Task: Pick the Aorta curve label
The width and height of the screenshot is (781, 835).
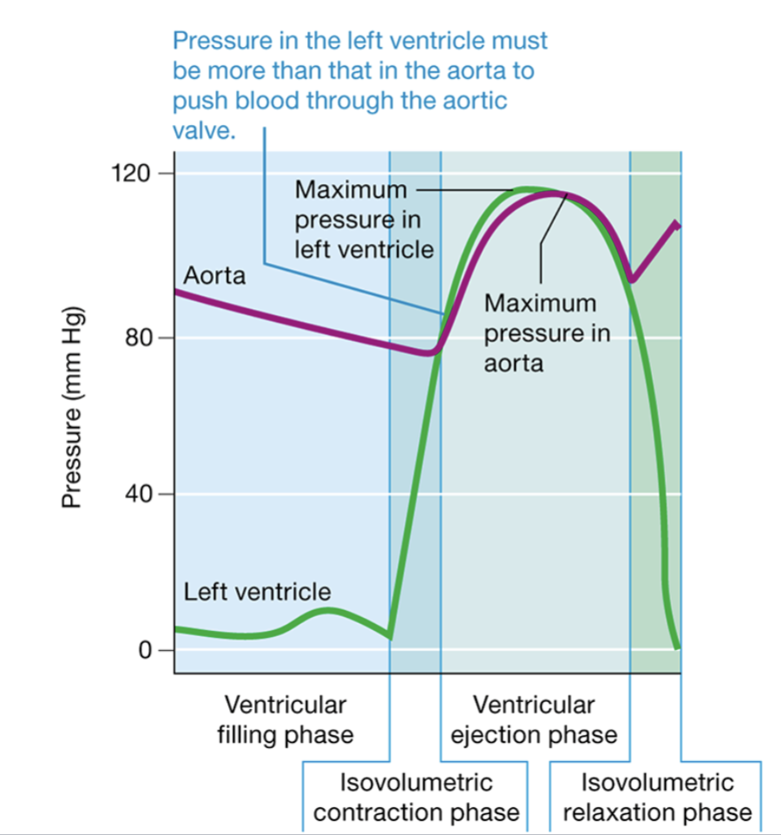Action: [x=214, y=276]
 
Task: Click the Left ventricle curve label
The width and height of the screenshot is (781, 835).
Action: [x=257, y=592]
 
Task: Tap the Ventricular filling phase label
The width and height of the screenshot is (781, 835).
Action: [x=285, y=720]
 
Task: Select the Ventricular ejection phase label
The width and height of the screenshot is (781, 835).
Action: [x=534, y=720]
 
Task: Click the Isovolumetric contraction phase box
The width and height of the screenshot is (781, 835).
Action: [x=416, y=798]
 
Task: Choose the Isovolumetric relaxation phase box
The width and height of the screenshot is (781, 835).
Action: [x=657, y=798]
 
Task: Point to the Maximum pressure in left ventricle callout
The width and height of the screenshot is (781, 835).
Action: [x=363, y=219]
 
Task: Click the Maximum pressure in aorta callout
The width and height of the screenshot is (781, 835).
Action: [x=547, y=332]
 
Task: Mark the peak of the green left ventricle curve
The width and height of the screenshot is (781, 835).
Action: [x=526, y=188]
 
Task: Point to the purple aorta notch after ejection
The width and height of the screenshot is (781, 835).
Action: [x=633, y=280]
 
